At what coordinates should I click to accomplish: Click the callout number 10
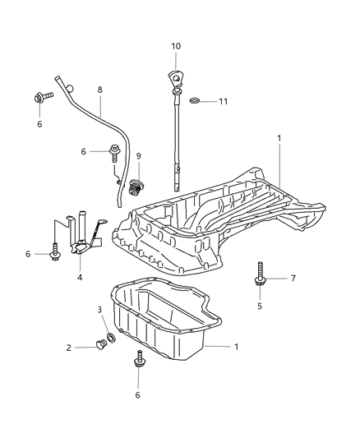(x=175, y=46)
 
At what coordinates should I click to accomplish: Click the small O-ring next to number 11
(x=195, y=101)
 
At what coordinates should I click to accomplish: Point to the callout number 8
(x=99, y=89)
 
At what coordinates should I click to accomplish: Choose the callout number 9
(x=139, y=155)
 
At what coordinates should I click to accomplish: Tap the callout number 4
(x=80, y=277)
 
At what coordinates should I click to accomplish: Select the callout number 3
(x=101, y=310)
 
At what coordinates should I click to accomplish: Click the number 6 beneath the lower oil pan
(x=137, y=395)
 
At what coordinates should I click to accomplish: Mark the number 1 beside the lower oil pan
(x=236, y=348)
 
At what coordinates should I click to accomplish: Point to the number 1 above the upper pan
(x=279, y=139)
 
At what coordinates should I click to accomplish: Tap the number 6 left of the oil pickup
(x=27, y=255)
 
